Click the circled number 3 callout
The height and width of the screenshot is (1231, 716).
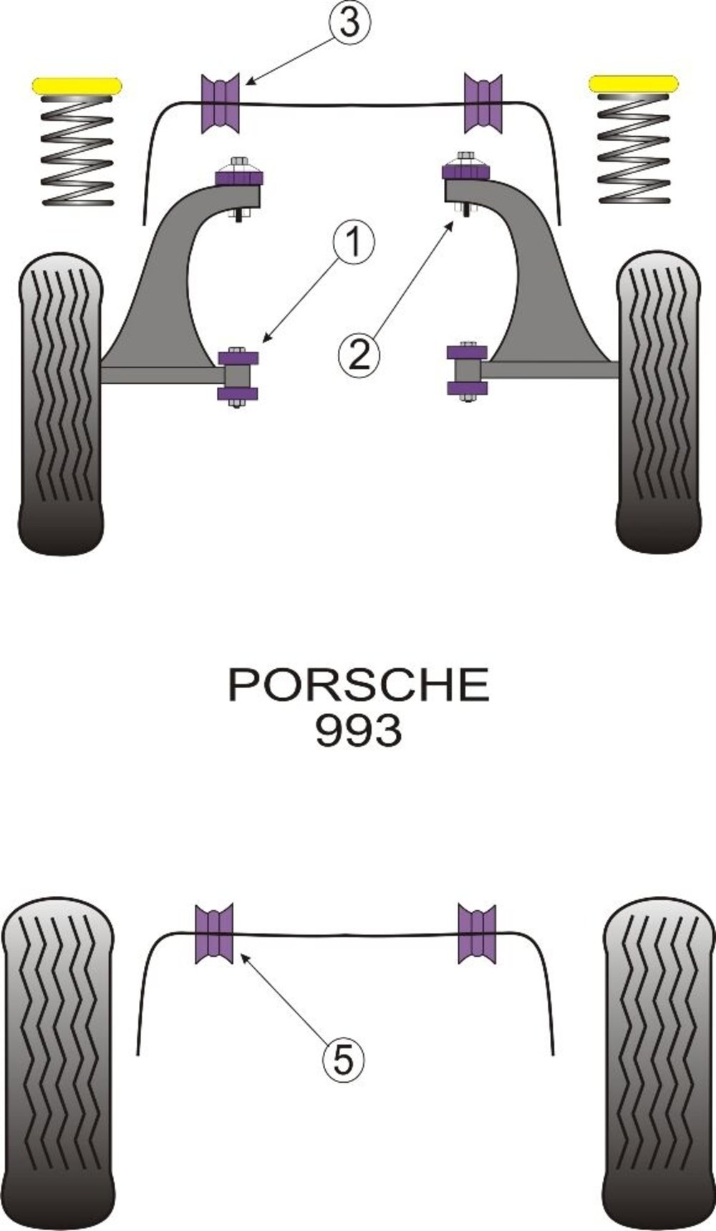click(349, 24)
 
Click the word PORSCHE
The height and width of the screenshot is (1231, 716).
click(359, 685)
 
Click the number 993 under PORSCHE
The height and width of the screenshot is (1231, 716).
click(359, 731)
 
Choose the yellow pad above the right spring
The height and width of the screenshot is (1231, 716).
click(634, 84)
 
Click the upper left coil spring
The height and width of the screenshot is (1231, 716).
click(78, 150)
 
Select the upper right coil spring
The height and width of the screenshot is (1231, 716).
click(634, 148)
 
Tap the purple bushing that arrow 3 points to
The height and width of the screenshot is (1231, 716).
click(221, 103)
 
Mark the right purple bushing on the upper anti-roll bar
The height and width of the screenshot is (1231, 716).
click(483, 102)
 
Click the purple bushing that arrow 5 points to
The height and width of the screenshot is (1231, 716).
click(215, 933)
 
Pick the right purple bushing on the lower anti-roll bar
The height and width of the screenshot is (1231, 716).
click(477, 933)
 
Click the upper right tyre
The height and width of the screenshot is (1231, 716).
click(658, 401)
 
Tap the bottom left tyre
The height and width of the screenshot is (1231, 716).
click(57, 1063)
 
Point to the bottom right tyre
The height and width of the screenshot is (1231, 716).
click(659, 1063)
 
